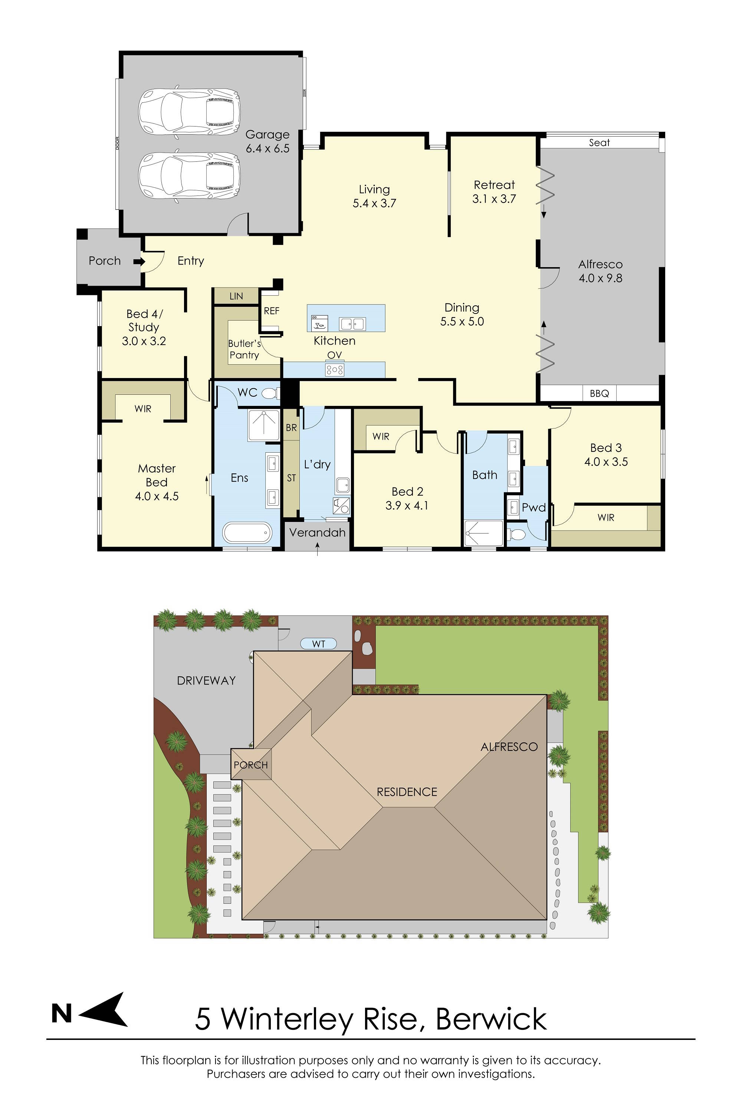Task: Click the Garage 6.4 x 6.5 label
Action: [267, 141]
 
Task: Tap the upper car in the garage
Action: [189, 112]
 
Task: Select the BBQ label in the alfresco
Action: [599, 393]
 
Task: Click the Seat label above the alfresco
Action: [599, 142]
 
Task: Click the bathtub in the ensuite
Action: [247, 533]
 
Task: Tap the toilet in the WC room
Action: [269, 393]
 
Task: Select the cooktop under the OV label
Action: [335, 370]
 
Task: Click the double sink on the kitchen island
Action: [352, 324]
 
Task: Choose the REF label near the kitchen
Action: [272, 311]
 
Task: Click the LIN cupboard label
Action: [236, 296]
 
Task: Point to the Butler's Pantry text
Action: [244, 349]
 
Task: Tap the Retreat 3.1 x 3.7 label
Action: [494, 192]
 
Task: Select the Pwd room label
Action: [534, 508]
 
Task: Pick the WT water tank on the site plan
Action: [318, 644]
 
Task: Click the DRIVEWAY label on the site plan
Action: [206, 680]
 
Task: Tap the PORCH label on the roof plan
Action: [251, 765]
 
